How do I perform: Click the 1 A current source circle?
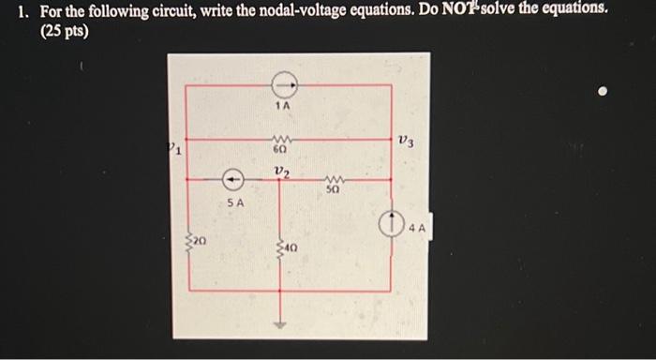click(282, 86)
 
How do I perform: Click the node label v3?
click(405, 141)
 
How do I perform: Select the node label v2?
click(282, 171)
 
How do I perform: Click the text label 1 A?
click(283, 109)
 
